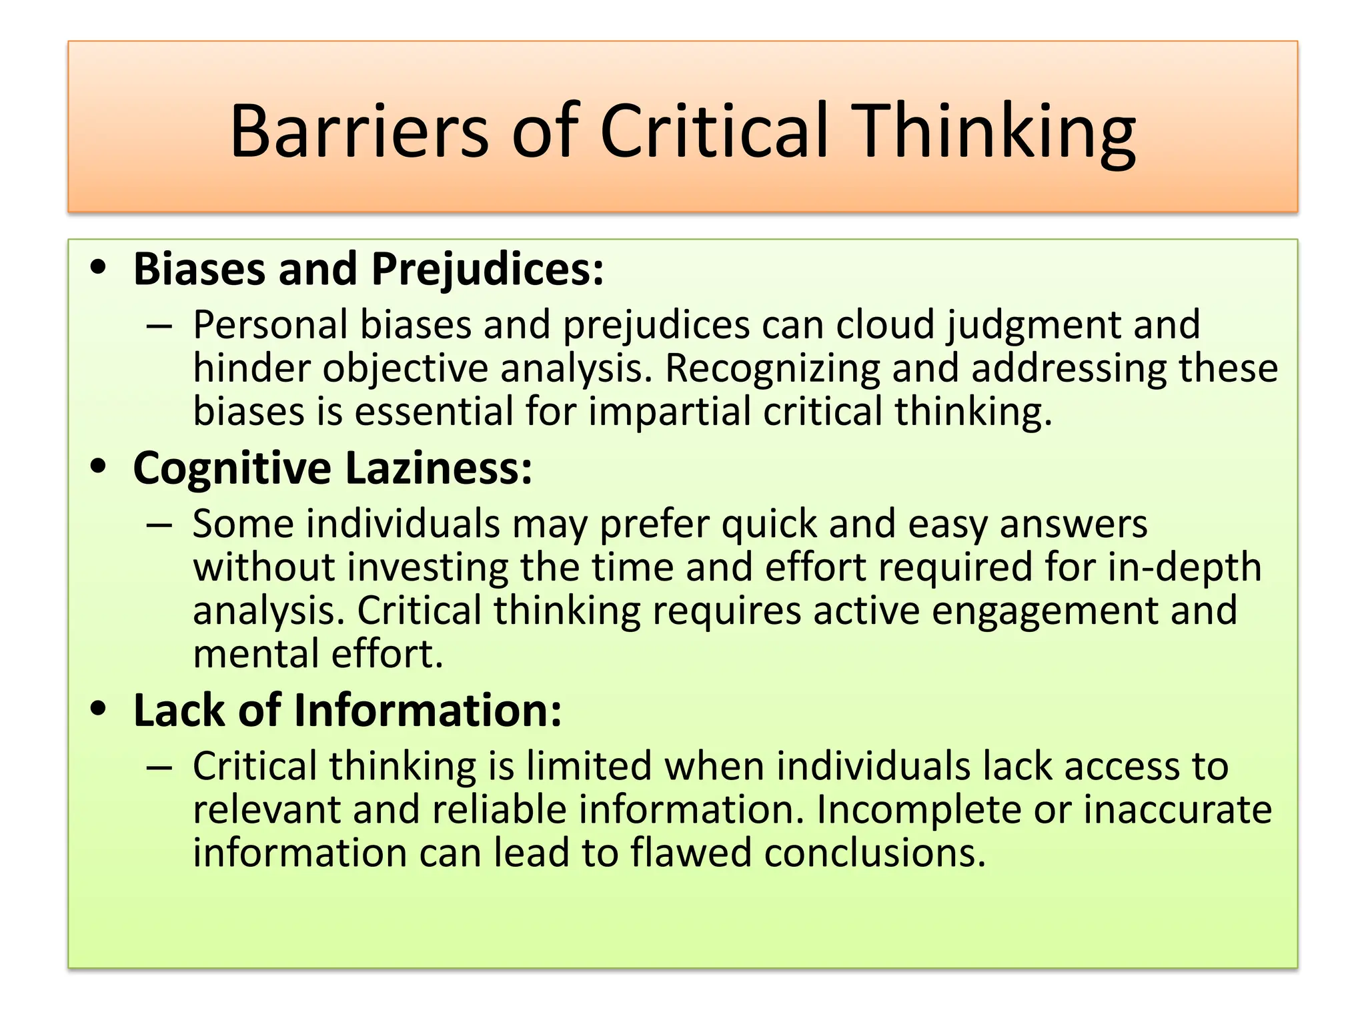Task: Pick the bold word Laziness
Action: coord(439,468)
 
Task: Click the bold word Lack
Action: coord(179,710)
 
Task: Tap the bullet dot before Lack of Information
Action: coord(99,709)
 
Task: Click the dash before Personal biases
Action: coord(159,327)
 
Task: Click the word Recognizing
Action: coord(772,368)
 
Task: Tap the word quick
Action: coord(769,525)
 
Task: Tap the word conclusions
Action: coord(874,853)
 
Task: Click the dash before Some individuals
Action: coord(159,526)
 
